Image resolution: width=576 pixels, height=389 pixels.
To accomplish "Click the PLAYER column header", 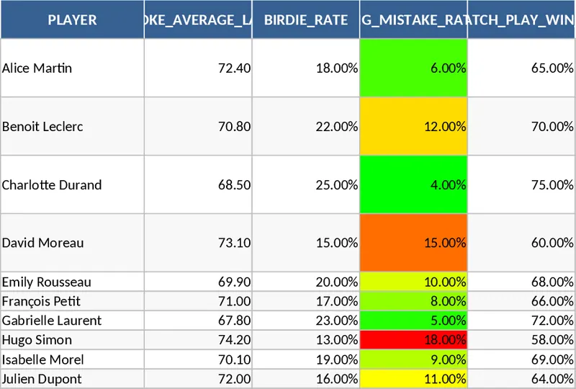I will [72, 20].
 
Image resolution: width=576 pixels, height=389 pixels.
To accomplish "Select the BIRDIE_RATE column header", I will [306, 20].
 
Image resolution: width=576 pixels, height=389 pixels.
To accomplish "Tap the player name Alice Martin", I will [37, 68].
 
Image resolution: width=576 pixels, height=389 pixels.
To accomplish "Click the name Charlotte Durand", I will [52, 184].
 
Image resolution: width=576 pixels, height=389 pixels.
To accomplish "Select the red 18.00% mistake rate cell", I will [414, 340].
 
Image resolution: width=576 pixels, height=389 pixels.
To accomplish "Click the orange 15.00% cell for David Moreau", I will [414, 243].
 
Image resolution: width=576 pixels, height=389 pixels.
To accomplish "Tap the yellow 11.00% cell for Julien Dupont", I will [414, 379].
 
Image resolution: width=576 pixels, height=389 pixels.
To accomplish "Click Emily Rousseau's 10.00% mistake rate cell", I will [414, 282].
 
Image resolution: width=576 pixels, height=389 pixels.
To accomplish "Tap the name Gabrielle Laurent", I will [52, 321].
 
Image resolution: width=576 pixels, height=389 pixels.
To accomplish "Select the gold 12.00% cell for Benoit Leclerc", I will [414, 127].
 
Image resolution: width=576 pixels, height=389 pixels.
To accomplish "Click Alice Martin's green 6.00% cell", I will [414, 68].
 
